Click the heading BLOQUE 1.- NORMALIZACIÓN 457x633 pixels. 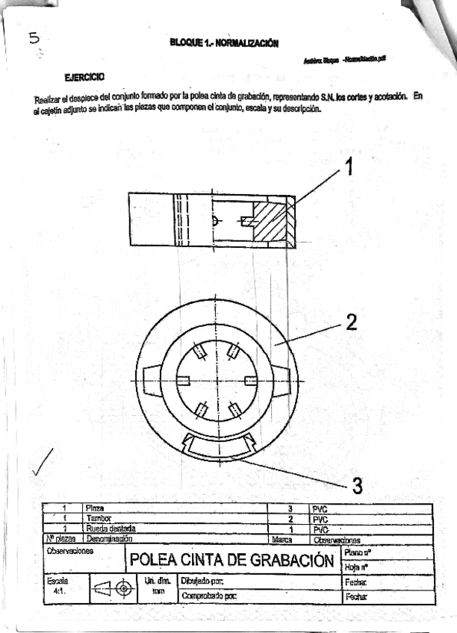[225, 43]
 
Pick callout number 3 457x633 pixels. [358, 486]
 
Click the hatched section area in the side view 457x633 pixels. [268, 221]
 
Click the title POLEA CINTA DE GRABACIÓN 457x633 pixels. [231, 559]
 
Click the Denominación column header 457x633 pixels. [109, 537]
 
